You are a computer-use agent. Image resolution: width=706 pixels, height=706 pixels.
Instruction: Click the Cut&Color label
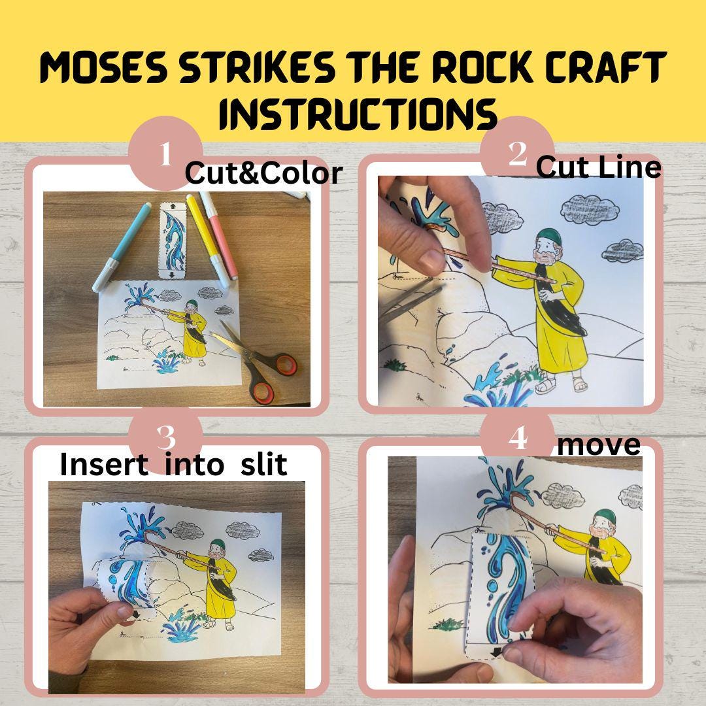coord(263,173)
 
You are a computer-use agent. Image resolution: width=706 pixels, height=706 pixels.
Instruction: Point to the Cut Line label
coord(598,167)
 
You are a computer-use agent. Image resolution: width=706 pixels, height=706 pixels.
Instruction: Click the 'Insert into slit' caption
coord(173,464)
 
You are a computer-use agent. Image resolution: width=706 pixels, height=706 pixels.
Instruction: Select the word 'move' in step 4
coord(598,445)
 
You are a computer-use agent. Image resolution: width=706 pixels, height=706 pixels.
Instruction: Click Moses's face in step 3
coord(212,553)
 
